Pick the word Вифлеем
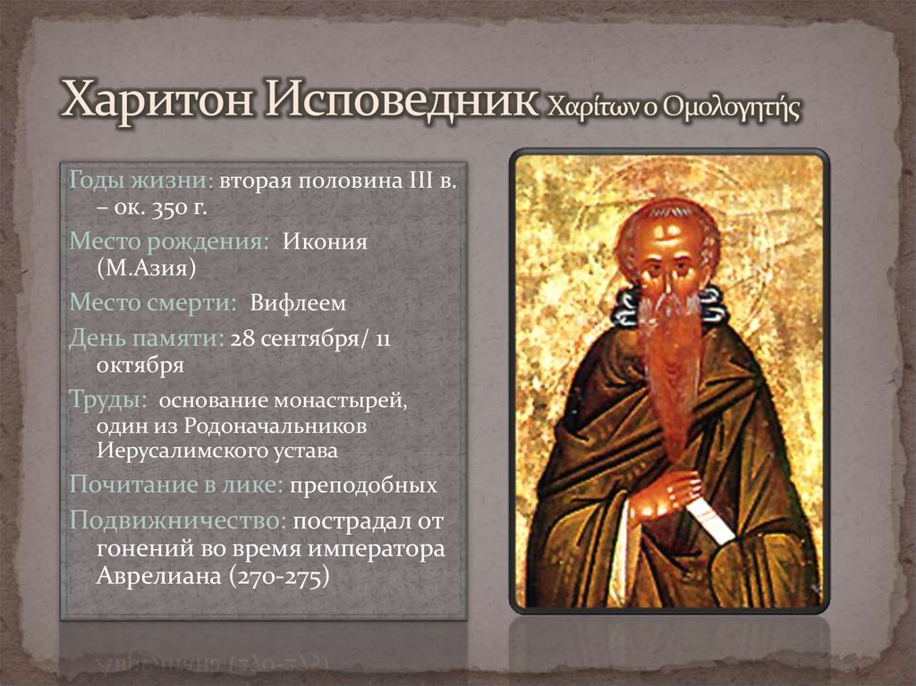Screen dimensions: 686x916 298,303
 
